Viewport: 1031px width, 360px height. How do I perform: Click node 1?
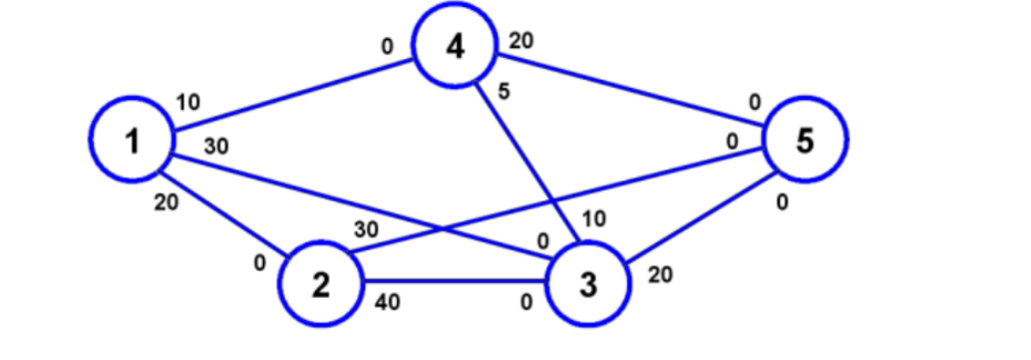[133, 142]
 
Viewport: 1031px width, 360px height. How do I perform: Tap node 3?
[589, 284]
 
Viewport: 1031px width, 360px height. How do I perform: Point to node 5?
[806, 141]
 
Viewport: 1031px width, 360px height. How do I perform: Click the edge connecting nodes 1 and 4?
[295, 95]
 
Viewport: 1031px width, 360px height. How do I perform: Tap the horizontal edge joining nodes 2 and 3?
[454, 281]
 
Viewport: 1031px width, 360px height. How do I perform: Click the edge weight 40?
[387, 303]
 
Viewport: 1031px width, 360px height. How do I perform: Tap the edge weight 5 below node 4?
[505, 91]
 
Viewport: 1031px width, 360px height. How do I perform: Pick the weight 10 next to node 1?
[187, 102]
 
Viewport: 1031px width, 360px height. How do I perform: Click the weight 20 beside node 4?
[520, 41]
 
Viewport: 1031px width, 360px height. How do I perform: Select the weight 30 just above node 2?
[365, 228]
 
